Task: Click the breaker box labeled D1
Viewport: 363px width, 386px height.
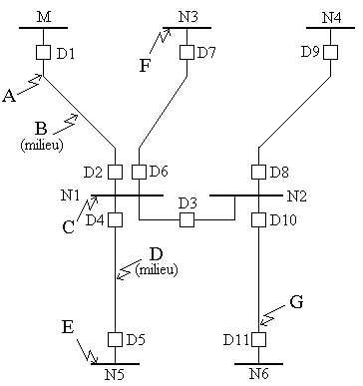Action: click(x=43, y=53)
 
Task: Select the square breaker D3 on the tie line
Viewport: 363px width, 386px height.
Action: click(x=186, y=219)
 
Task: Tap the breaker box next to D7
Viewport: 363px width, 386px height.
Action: click(x=186, y=52)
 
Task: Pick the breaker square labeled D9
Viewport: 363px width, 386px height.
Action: click(x=330, y=52)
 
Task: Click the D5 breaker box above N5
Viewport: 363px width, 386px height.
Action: click(x=115, y=339)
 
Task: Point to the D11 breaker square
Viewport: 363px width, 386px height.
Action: click(x=258, y=339)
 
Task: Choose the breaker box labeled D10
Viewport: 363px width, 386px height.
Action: click(x=258, y=219)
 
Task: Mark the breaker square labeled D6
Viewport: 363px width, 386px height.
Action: click(x=139, y=172)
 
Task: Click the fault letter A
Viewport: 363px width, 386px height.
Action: click(x=9, y=96)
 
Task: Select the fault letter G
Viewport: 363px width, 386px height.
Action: click(x=296, y=302)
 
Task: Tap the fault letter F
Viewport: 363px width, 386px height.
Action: click(x=145, y=65)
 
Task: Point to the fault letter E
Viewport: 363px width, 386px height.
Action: click(x=68, y=327)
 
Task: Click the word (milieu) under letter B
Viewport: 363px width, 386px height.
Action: click(x=42, y=146)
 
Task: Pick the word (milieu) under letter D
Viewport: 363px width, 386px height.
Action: click(x=157, y=269)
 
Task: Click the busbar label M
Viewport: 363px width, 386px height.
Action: click(x=44, y=17)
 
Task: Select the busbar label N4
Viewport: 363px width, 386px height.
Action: click(x=331, y=17)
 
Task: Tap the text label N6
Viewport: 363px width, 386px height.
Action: click(x=259, y=374)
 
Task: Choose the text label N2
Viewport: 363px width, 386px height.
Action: click(x=297, y=196)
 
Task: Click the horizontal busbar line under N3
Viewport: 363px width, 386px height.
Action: click(x=186, y=28)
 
